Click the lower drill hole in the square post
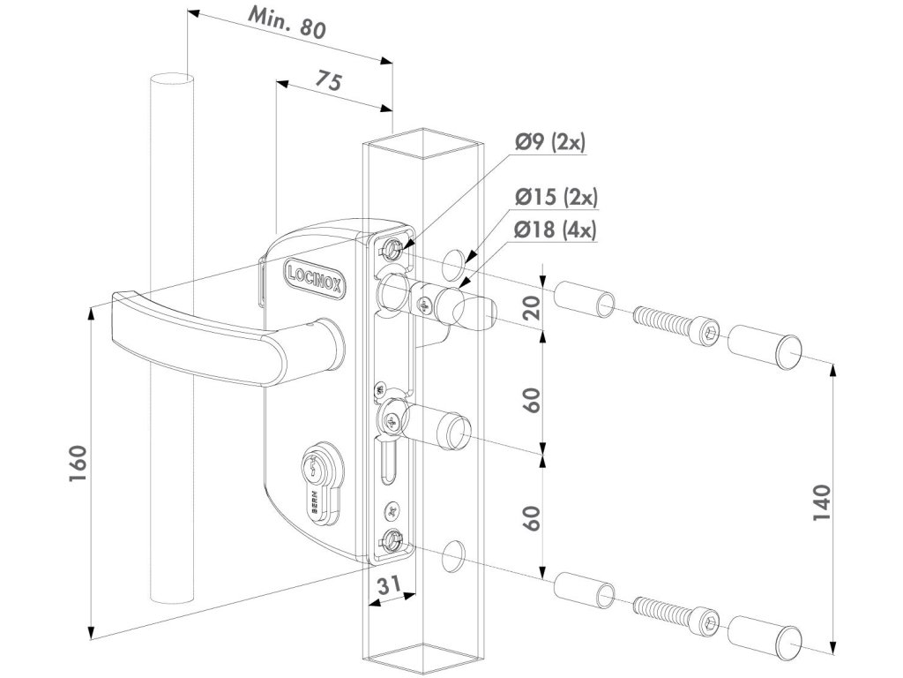click(454, 554)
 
